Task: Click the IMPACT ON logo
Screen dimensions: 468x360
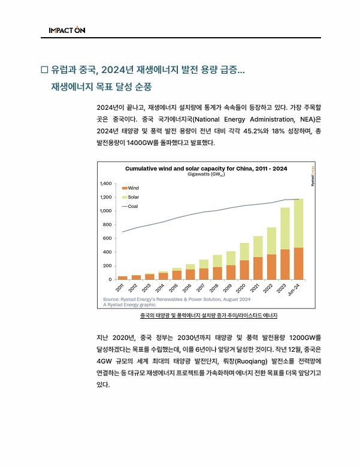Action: click(x=67, y=30)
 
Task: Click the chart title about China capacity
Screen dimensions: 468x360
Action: click(x=205, y=168)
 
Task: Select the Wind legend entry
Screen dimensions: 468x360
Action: click(x=133, y=188)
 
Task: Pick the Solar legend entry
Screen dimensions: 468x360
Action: click(x=133, y=197)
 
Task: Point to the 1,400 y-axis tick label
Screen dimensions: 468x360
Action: click(x=106, y=183)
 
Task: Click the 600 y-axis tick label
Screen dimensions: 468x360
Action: click(x=108, y=238)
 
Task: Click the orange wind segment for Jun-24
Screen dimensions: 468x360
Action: click(x=298, y=264)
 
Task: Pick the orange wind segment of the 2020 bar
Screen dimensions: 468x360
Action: click(x=244, y=270)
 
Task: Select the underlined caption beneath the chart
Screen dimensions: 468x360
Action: click(x=209, y=315)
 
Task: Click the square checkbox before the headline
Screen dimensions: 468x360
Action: click(x=44, y=70)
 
